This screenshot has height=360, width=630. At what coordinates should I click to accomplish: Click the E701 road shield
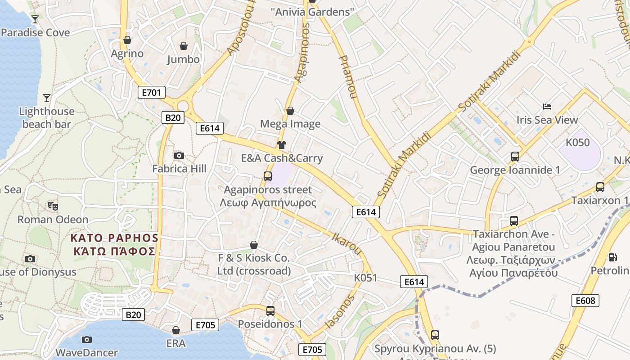151,93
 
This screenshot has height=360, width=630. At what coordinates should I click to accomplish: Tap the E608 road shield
585,301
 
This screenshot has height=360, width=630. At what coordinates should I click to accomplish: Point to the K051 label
365,278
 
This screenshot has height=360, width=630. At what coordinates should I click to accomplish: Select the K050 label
577,143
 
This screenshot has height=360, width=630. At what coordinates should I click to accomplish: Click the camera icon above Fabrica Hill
179,155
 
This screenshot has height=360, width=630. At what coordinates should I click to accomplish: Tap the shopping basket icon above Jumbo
184,46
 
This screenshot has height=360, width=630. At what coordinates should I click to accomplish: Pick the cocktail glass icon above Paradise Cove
35,19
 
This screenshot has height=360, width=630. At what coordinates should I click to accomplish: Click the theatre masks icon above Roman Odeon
53,206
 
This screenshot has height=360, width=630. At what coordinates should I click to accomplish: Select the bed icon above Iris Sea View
547,107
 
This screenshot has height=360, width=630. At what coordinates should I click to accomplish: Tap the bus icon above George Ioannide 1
515,157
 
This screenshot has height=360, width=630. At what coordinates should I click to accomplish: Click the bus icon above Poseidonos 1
270,310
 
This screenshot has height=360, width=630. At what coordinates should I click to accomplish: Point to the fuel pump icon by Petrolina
612,257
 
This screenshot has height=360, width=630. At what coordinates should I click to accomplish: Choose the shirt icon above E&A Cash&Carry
282,145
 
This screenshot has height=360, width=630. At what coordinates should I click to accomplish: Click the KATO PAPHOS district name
115,244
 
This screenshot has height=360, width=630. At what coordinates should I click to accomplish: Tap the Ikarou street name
347,243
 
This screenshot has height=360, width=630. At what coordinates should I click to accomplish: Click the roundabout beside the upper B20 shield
183,106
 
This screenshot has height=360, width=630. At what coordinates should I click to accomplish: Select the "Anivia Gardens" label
313,12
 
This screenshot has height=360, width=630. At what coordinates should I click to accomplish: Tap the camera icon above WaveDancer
87,339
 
